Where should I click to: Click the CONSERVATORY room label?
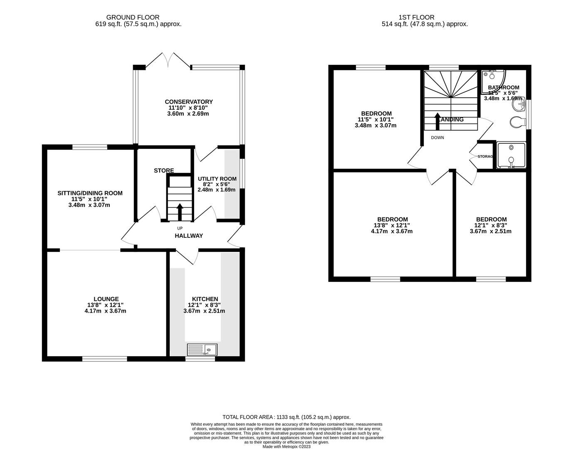188,102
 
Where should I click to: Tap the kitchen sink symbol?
202,349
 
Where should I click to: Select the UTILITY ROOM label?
217,179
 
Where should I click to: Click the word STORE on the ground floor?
164,170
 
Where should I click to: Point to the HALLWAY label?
188,236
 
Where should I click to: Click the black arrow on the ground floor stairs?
180,212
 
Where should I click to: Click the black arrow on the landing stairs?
437,121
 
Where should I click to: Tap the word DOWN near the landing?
437,138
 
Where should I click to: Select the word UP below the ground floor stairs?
180,228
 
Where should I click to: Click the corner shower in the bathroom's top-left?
492,77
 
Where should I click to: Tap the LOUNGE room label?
106,299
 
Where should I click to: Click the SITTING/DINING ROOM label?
90,193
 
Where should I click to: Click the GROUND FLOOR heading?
133,17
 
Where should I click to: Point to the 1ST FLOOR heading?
416,17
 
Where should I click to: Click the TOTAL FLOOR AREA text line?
286,417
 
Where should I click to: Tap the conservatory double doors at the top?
168,61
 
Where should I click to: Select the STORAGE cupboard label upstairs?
485,156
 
